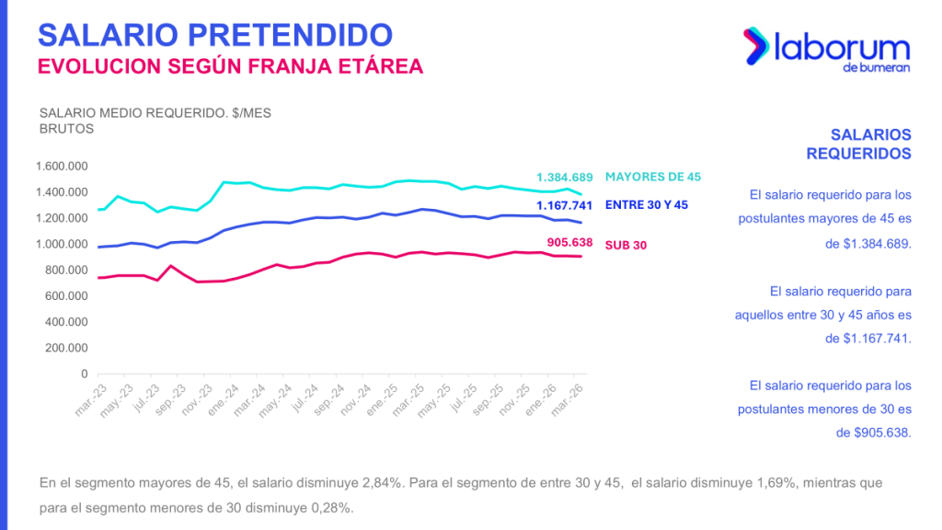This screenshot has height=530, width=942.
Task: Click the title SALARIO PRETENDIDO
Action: click(x=214, y=34)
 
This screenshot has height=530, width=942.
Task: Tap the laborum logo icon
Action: click(x=758, y=46)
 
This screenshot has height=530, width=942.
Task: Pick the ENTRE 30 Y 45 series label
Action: click(x=647, y=205)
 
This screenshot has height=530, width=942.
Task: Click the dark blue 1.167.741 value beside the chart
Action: click(x=566, y=205)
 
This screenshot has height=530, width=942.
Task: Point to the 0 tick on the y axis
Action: click(x=83, y=374)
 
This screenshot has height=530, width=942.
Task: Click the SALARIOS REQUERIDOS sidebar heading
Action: click(x=858, y=144)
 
